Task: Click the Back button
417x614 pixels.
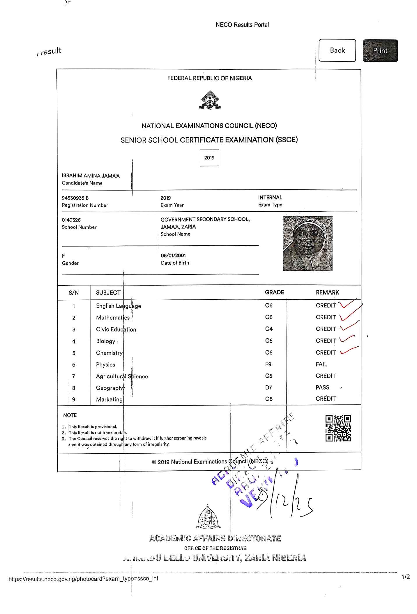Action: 337,50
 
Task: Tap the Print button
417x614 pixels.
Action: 380,51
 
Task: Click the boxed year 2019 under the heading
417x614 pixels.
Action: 209,158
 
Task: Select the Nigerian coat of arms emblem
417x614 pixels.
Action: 210,100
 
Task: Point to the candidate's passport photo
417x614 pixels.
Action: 308,243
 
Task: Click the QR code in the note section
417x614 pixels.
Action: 338,428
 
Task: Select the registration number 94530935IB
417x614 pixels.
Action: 75,198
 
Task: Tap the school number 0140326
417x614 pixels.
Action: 71,220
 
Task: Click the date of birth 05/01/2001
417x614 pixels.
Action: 173,255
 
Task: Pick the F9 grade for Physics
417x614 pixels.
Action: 268,364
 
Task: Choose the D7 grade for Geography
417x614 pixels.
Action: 268,387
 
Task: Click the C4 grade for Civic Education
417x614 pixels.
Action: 269,329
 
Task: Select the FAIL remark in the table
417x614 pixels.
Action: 321,364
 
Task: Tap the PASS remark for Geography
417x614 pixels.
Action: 322,387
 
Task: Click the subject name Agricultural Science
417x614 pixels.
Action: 122,376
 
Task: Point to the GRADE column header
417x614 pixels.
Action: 274,292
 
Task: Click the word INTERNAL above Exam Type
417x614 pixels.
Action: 270,197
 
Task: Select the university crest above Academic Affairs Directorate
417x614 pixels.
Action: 208,517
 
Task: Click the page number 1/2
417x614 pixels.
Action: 405,577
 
